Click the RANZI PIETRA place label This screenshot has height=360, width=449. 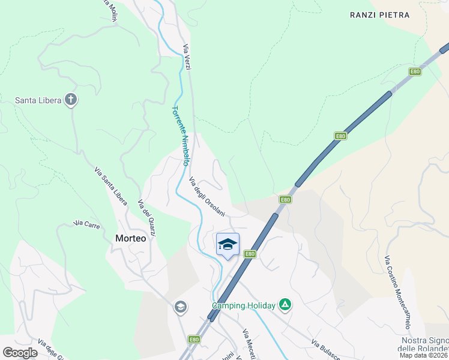[x=379, y=14]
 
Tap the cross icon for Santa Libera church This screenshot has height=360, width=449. [x=71, y=100]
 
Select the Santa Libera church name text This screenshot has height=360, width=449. [x=38, y=100]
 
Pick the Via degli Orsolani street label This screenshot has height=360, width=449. [x=206, y=197]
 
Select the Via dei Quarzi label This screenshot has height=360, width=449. [x=147, y=218]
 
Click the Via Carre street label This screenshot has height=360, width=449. [x=86, y=224]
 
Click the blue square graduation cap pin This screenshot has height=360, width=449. [x=228, y=244]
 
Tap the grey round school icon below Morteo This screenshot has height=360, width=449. [x=179, y=308]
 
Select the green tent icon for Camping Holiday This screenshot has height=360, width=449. [x=286, y=305]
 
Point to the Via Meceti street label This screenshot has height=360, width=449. [x=249, y=343]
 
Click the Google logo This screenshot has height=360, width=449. [x=20, y=352]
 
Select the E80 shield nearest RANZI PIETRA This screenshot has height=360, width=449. [x=415, y=72]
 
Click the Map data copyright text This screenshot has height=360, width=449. [x=424, y=355]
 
